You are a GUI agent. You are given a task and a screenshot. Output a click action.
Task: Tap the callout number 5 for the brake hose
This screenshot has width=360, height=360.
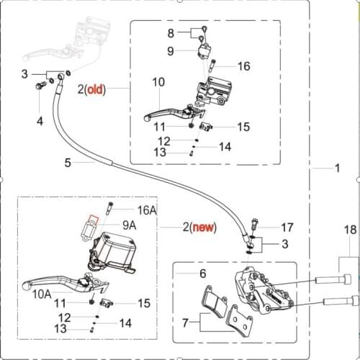click(x=68, y=163)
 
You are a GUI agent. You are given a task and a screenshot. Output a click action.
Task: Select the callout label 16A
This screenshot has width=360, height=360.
click(x=147, y=210)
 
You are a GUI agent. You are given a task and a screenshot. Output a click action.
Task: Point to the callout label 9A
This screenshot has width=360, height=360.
click(x=130, y=225)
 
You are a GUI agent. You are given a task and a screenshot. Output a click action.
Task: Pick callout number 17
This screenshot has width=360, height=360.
click(x=287, y=226)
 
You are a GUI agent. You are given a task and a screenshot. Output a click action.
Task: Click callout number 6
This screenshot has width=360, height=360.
click(x=202, y=274)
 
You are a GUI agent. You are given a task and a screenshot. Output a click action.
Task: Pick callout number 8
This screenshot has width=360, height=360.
click(x=171, y=33)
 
